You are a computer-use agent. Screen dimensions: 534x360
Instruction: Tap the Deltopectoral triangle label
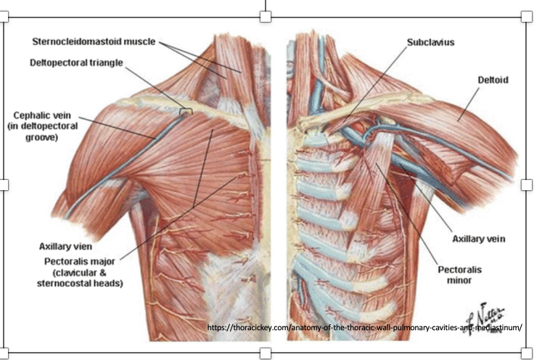point(76,62)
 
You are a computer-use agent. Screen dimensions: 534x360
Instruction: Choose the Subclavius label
point(430,42)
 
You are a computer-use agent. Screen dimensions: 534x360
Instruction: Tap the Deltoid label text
point(492,78)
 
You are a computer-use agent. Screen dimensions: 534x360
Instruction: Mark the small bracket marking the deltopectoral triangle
point(186,111)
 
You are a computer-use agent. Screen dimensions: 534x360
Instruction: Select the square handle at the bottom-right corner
point(528,353)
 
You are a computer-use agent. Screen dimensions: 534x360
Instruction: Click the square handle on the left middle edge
point(4,184)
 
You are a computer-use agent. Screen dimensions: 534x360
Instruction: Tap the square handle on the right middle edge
point(528,184)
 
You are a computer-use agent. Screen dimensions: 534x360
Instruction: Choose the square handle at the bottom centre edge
point(266,353)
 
